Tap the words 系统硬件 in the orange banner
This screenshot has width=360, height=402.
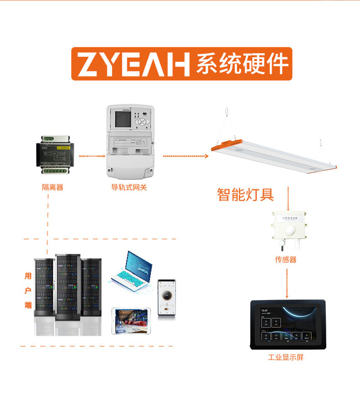click(x=242, y=64)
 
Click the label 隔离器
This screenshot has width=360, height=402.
click(x=52, y=187)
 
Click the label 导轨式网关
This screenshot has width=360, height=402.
click(x=129, y=187)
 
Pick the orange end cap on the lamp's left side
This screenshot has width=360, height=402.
click(x=223, y=145)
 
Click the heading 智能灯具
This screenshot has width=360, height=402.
click(x=245, y=195)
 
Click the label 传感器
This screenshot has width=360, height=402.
click(x=286, y=260)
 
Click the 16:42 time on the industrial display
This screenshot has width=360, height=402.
click(x=264, y=310)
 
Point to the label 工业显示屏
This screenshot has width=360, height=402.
click(x=286, y=357)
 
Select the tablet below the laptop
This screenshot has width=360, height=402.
click(x=132, y=321)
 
